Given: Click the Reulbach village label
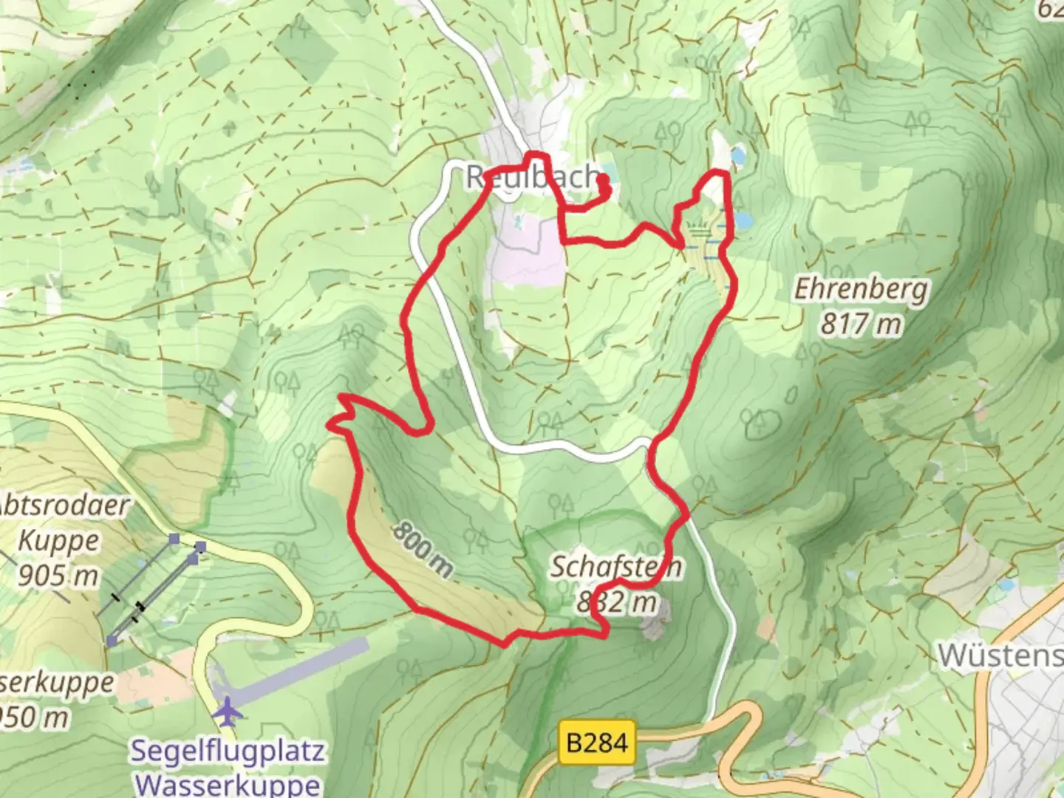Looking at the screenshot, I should [532, 177].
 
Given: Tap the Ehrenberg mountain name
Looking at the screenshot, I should [861, 289].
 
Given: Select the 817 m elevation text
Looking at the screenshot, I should [861, 324].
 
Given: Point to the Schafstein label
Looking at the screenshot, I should [615, 567].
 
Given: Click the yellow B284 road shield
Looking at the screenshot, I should [598, 741].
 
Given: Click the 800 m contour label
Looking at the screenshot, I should [423, 548].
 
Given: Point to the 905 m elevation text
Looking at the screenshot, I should [58, 574].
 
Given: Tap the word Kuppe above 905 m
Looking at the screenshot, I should [58, 541].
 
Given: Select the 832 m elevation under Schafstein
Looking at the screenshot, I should [617, 602].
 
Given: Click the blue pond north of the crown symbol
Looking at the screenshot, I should [737, 156].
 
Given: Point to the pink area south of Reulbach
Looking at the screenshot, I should [528, 255].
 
